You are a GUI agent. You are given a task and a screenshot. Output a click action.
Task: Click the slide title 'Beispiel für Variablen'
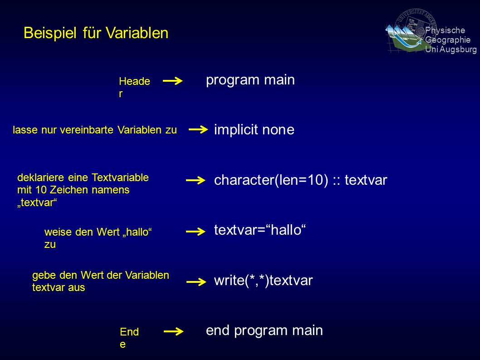96,33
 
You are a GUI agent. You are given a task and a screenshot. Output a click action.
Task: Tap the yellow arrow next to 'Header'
173,81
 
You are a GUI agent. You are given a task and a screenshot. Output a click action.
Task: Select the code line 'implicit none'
254,129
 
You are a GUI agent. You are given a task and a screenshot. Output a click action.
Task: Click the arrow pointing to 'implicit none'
198,129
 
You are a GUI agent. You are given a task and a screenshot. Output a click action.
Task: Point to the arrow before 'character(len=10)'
196,180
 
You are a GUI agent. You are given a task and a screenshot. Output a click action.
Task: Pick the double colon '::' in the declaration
337,181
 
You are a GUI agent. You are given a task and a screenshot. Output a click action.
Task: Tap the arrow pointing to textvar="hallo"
196,232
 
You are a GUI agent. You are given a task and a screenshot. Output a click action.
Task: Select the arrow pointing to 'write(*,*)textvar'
196,282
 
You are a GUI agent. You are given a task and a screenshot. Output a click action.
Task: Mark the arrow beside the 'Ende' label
174,331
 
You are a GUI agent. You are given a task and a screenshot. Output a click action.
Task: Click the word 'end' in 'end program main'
218,330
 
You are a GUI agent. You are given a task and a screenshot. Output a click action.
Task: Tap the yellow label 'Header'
134,87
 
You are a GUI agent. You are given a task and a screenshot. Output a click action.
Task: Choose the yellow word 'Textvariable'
120,178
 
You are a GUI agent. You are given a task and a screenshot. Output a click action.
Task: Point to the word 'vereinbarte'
88,130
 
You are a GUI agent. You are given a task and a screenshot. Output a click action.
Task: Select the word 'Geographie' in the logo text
448,40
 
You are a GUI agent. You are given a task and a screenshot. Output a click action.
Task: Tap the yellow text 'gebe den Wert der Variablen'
101,275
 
